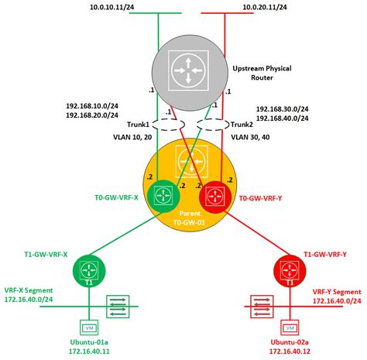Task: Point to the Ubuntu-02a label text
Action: [x=289, y=342]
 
